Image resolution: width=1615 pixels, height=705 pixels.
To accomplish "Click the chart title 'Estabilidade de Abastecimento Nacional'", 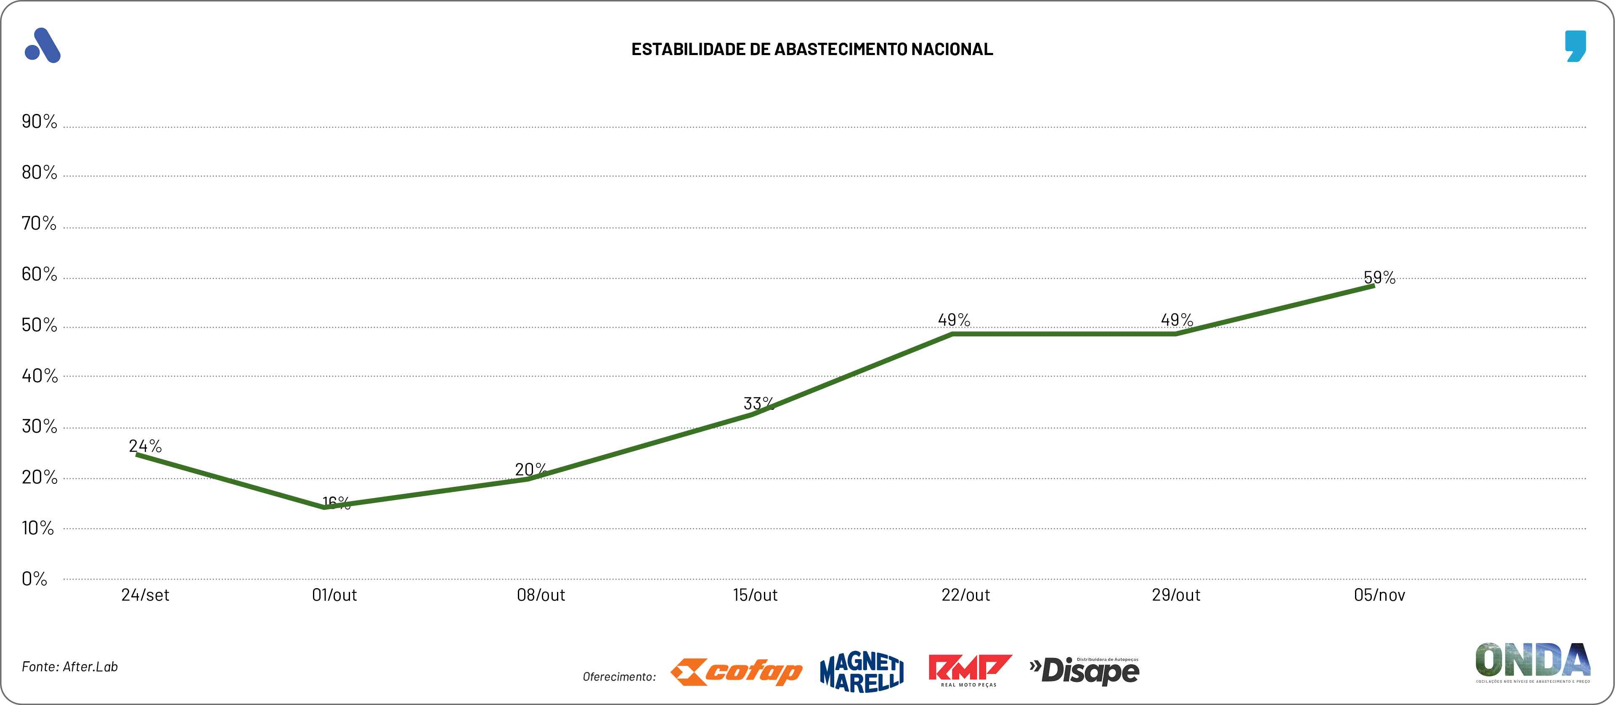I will point(812,49).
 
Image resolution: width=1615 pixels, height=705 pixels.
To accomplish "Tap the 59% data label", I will point(1379,277).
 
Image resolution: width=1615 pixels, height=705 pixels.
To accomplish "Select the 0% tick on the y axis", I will point(34,578).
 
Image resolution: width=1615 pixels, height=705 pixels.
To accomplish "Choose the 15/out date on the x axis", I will point(756,595).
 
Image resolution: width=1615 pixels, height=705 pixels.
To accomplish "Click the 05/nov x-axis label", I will point(1379,595).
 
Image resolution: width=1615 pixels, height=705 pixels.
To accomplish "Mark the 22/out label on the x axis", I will point(965,595).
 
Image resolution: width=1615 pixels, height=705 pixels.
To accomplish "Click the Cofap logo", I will point(736,672).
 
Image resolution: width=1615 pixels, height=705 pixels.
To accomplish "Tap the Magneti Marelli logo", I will point(862,672).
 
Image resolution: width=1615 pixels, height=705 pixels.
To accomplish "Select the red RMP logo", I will point(969,669).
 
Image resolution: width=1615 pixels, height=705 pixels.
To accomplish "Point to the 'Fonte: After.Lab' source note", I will point(69,666).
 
